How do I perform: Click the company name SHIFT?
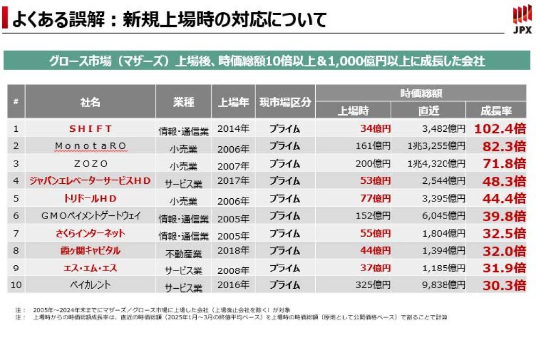90,129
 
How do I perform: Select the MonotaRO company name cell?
90,146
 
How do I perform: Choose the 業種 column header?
183,102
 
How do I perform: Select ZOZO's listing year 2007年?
233,164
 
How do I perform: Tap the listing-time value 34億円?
375,129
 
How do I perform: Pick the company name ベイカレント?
90,284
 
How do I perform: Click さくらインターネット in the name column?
90,233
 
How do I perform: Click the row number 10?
16,284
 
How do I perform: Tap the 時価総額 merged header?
421,93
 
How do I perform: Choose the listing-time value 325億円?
373,284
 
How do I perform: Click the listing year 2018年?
233,251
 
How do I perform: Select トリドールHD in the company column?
90,198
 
